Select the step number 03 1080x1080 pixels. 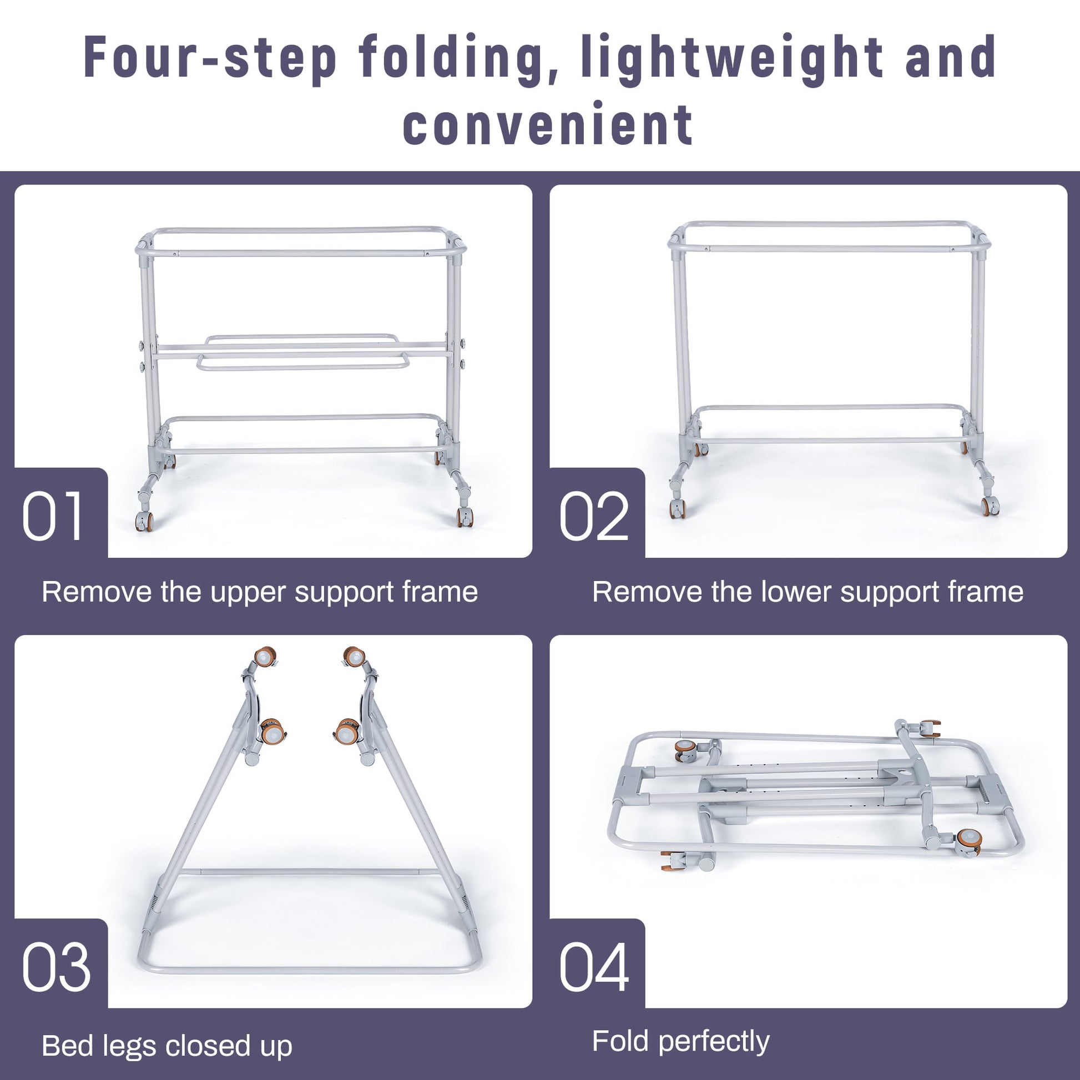(56, 967)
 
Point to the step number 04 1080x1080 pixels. (594, 967)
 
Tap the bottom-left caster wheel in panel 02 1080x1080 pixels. (678, 508)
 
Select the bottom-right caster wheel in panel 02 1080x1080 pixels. (990, 507)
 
